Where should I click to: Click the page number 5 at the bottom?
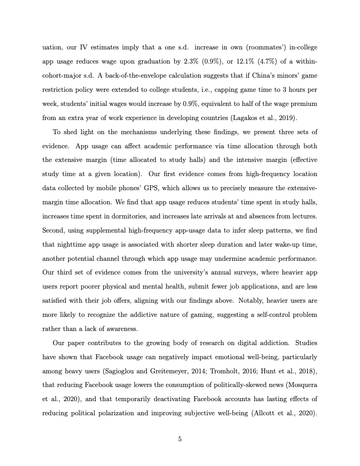[180, 439]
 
